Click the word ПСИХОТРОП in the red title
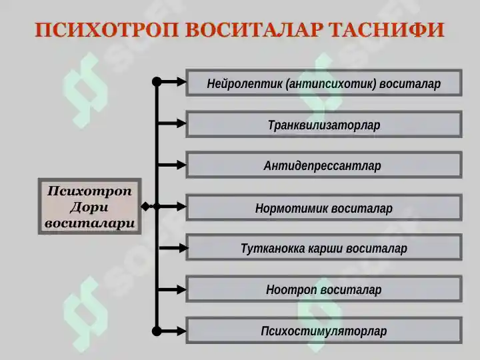[106, 30]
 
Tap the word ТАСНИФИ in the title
[386, 30]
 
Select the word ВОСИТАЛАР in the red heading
[254, 30]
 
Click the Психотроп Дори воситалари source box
[90, 206]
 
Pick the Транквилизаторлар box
[324, 124]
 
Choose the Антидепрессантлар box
[324, 165]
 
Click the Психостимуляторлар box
[324, 331]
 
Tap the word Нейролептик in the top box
[244, 83]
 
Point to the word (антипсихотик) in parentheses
[331, 83]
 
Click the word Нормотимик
[292, 209]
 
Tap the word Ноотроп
[291, 289]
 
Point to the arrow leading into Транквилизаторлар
[171, 123]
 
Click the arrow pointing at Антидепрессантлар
[171, 165]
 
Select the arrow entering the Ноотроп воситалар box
[171, 289]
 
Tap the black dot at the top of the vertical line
[157, 82]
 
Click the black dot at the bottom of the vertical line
[157, 331]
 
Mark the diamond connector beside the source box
[146, 207]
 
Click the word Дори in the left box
[89, 207]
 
